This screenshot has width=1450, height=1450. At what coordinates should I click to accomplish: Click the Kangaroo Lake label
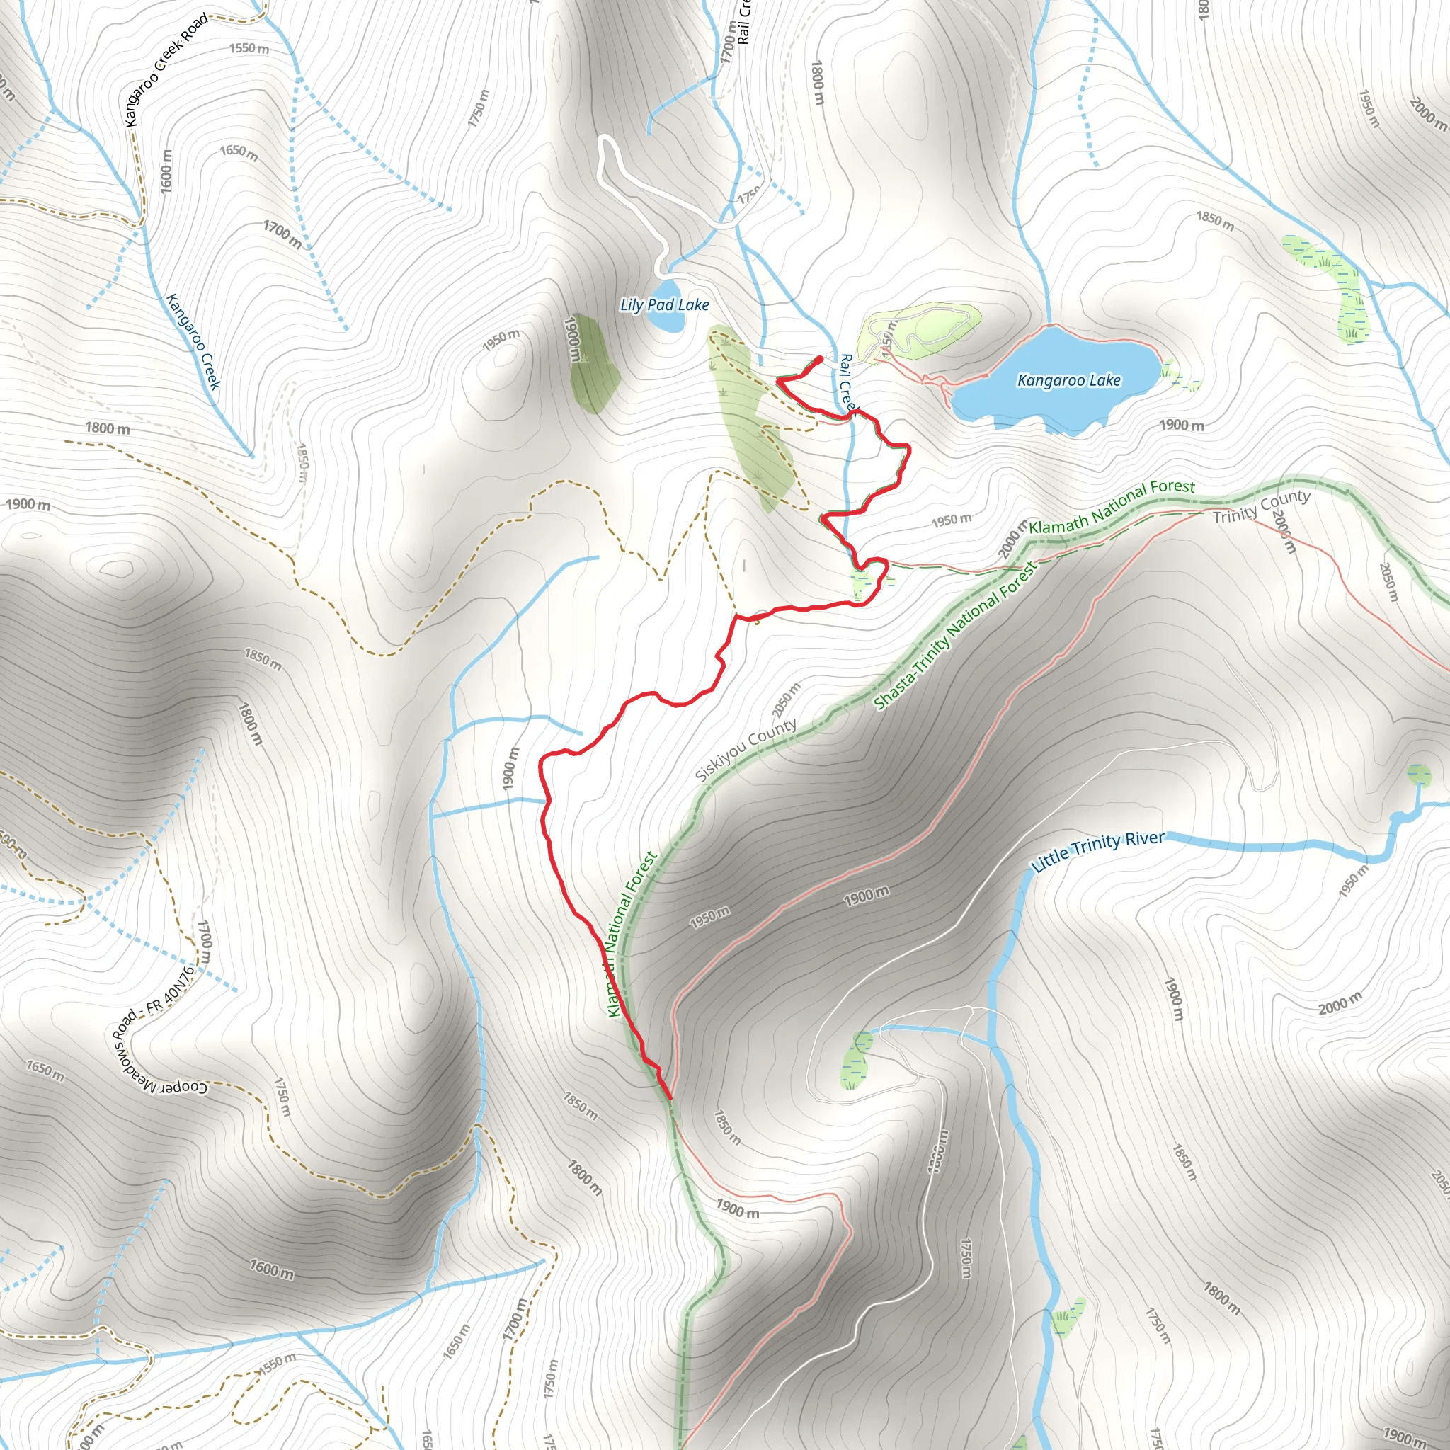[1068, 380]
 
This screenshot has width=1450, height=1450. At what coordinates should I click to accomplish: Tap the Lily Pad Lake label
[664, 304]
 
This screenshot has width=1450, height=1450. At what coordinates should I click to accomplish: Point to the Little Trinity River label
[1097, 851]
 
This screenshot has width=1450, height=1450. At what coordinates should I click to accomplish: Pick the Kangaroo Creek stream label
[193, 342]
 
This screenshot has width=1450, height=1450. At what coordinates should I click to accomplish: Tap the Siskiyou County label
[746, 750]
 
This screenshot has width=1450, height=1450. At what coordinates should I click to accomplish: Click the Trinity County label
[1262, 506]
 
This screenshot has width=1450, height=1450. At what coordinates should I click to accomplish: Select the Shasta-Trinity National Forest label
[954, 636]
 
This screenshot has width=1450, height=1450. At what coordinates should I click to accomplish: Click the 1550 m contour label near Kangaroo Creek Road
[249, 49]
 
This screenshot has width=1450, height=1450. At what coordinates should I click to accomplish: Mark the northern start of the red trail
[821, 359]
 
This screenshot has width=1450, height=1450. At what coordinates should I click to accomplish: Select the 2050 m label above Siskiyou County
[786, 700]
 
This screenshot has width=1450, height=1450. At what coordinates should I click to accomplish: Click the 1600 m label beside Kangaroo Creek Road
[166, 171]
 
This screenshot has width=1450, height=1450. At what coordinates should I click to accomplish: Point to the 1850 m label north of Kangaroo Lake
[1214, 221]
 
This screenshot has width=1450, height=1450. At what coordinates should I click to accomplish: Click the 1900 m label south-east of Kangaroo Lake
[1182, 426]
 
